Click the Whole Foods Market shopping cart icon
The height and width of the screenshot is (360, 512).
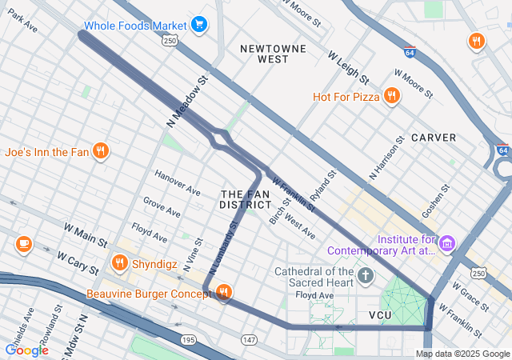[199, 25]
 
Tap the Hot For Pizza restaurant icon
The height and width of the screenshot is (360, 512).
[391, 97]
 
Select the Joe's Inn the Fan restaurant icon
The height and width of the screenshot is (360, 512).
[100, 150]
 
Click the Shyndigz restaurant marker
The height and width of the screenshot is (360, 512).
[120, 262]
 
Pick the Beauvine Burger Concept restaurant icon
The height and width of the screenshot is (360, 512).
[223, 294]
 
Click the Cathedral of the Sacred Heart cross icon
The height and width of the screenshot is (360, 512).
[366, 277]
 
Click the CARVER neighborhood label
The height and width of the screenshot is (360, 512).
[434, 138]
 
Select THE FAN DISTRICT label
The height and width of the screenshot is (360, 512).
[246, 199]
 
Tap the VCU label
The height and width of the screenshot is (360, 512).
[382, 315]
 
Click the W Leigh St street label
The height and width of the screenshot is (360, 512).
[348, 68]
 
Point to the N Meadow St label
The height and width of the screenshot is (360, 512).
[187, 102]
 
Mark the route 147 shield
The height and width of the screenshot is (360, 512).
[249, 341]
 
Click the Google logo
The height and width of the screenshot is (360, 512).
[26, 350]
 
